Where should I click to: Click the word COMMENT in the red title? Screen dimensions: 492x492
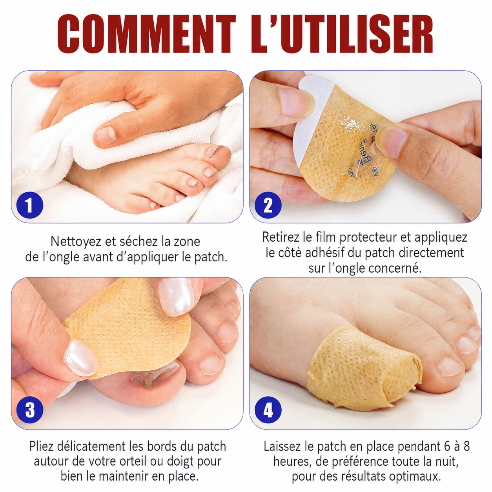[146, 34]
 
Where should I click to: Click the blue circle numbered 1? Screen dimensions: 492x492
[29, 205]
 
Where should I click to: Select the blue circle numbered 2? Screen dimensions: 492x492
[268, 205]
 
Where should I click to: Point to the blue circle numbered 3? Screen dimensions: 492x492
[29, 410]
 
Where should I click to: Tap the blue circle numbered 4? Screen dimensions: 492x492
[268, 410]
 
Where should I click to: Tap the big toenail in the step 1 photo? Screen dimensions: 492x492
[215, 151]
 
